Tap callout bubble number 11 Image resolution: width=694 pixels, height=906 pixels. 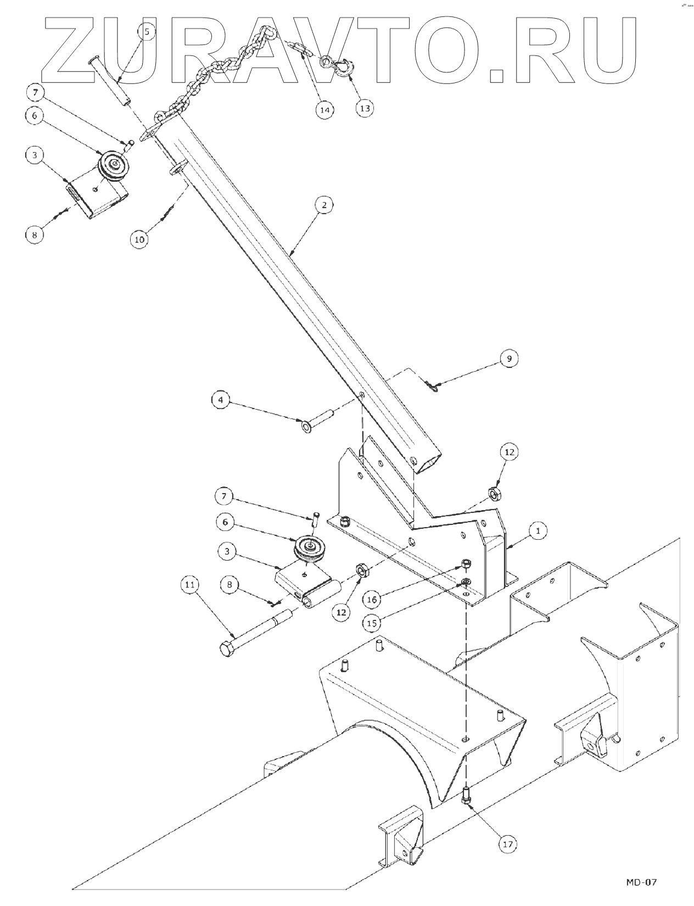pos(189,585)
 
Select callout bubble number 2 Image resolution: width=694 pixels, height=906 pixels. pos(324,205)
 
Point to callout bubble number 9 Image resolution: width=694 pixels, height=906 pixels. pos(510,359)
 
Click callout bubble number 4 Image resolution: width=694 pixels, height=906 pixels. pos(221,400)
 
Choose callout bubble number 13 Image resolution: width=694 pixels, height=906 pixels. pos(365,108)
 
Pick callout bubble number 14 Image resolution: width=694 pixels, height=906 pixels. pos(324,110)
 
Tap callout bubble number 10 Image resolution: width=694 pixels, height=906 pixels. pos(139,239)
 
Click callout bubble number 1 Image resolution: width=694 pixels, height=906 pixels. pos(538,531)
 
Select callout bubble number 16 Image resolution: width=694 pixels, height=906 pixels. pos(372,600)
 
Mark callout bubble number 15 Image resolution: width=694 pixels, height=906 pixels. pos(372,623)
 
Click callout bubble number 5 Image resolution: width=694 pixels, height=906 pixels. pos(147,31)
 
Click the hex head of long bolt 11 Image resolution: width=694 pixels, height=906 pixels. pos(227,650)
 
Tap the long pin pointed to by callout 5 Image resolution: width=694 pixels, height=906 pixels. pos(109,82)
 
